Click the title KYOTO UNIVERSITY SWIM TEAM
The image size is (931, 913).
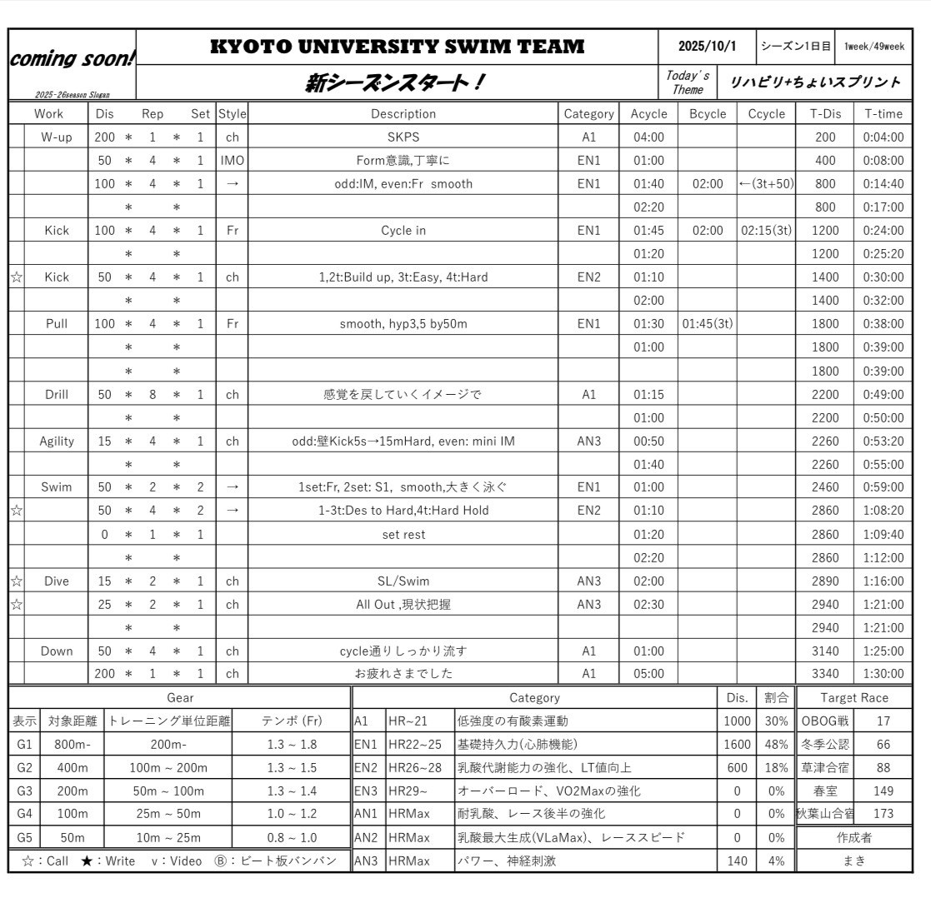(x=397, y=47)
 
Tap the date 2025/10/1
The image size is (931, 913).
(x=707, y=47)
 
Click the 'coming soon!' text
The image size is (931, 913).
(x=72, y=58)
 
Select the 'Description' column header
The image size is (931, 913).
(x=403, y=114)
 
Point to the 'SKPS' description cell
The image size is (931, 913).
(x=403, y=137)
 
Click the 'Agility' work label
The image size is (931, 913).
(x=57, y=442)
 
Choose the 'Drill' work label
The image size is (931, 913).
(x=57, y=394)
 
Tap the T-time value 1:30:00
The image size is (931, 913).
(x=883, y=673)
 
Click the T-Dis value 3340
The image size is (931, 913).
(x=824, y=673)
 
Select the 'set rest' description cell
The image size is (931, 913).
(x=403, y=535)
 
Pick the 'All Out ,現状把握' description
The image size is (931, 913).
(x=403, y=605)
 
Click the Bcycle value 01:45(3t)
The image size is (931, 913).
(x=707, y=324)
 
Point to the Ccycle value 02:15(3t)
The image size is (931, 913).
(x=766, y=231)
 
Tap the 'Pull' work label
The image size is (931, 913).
(x=57, y=324)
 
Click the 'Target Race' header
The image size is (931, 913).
(x=853, y=698)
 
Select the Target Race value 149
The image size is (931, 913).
(x=883, y=791)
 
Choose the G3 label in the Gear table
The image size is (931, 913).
(x=24, y=791)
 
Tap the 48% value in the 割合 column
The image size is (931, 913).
(x=776, y=745)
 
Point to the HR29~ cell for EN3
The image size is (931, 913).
(x=408, y=791)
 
